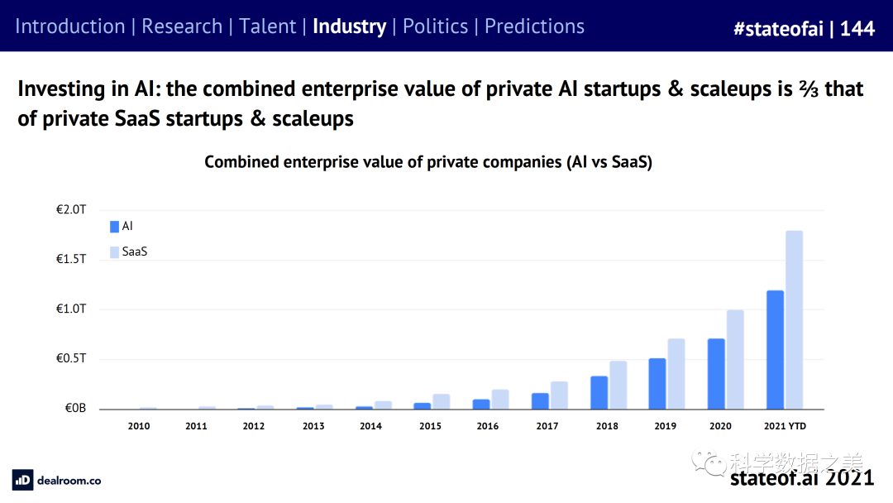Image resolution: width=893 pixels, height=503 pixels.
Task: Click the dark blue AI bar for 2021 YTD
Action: tap(775, 350)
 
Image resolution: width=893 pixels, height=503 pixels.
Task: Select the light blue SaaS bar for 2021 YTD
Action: tap(794, 320)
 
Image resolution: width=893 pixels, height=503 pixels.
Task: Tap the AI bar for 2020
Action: tap(716, 374)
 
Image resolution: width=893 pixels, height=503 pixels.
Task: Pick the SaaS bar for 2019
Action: tap(676, 374)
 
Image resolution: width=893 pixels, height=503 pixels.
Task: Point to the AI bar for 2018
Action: tap(599, 393)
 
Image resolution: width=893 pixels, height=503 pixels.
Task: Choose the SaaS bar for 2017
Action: tap(559, 395)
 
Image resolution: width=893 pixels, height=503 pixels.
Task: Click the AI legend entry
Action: tap(122, 226)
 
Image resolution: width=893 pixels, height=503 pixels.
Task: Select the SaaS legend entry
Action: tap(129, 251)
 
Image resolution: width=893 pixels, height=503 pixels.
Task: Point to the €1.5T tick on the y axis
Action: tap(71, 260)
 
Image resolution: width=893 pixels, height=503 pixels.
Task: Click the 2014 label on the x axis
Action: tap(371, 426)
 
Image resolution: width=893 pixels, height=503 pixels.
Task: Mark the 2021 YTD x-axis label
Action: tap(785, 426)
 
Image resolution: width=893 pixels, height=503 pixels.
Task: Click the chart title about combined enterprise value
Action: tap(428, 162)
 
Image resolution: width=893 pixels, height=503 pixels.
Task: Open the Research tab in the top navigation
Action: tap(182, 26)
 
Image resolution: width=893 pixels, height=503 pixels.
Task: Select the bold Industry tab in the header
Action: tap(349, 26)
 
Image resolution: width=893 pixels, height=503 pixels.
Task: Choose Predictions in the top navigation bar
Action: tap(534, 26)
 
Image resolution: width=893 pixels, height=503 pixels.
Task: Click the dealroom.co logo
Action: tap(57, 480)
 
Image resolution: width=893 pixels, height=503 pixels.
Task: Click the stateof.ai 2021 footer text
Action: tap(801, 477)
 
